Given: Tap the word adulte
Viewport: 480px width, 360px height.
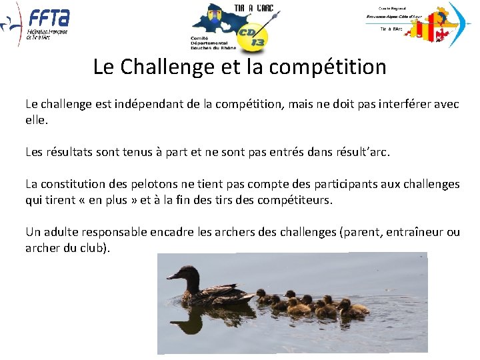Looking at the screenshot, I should [x=59, y=232].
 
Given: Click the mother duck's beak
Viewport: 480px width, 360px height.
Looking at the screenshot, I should [x=171, y=275].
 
